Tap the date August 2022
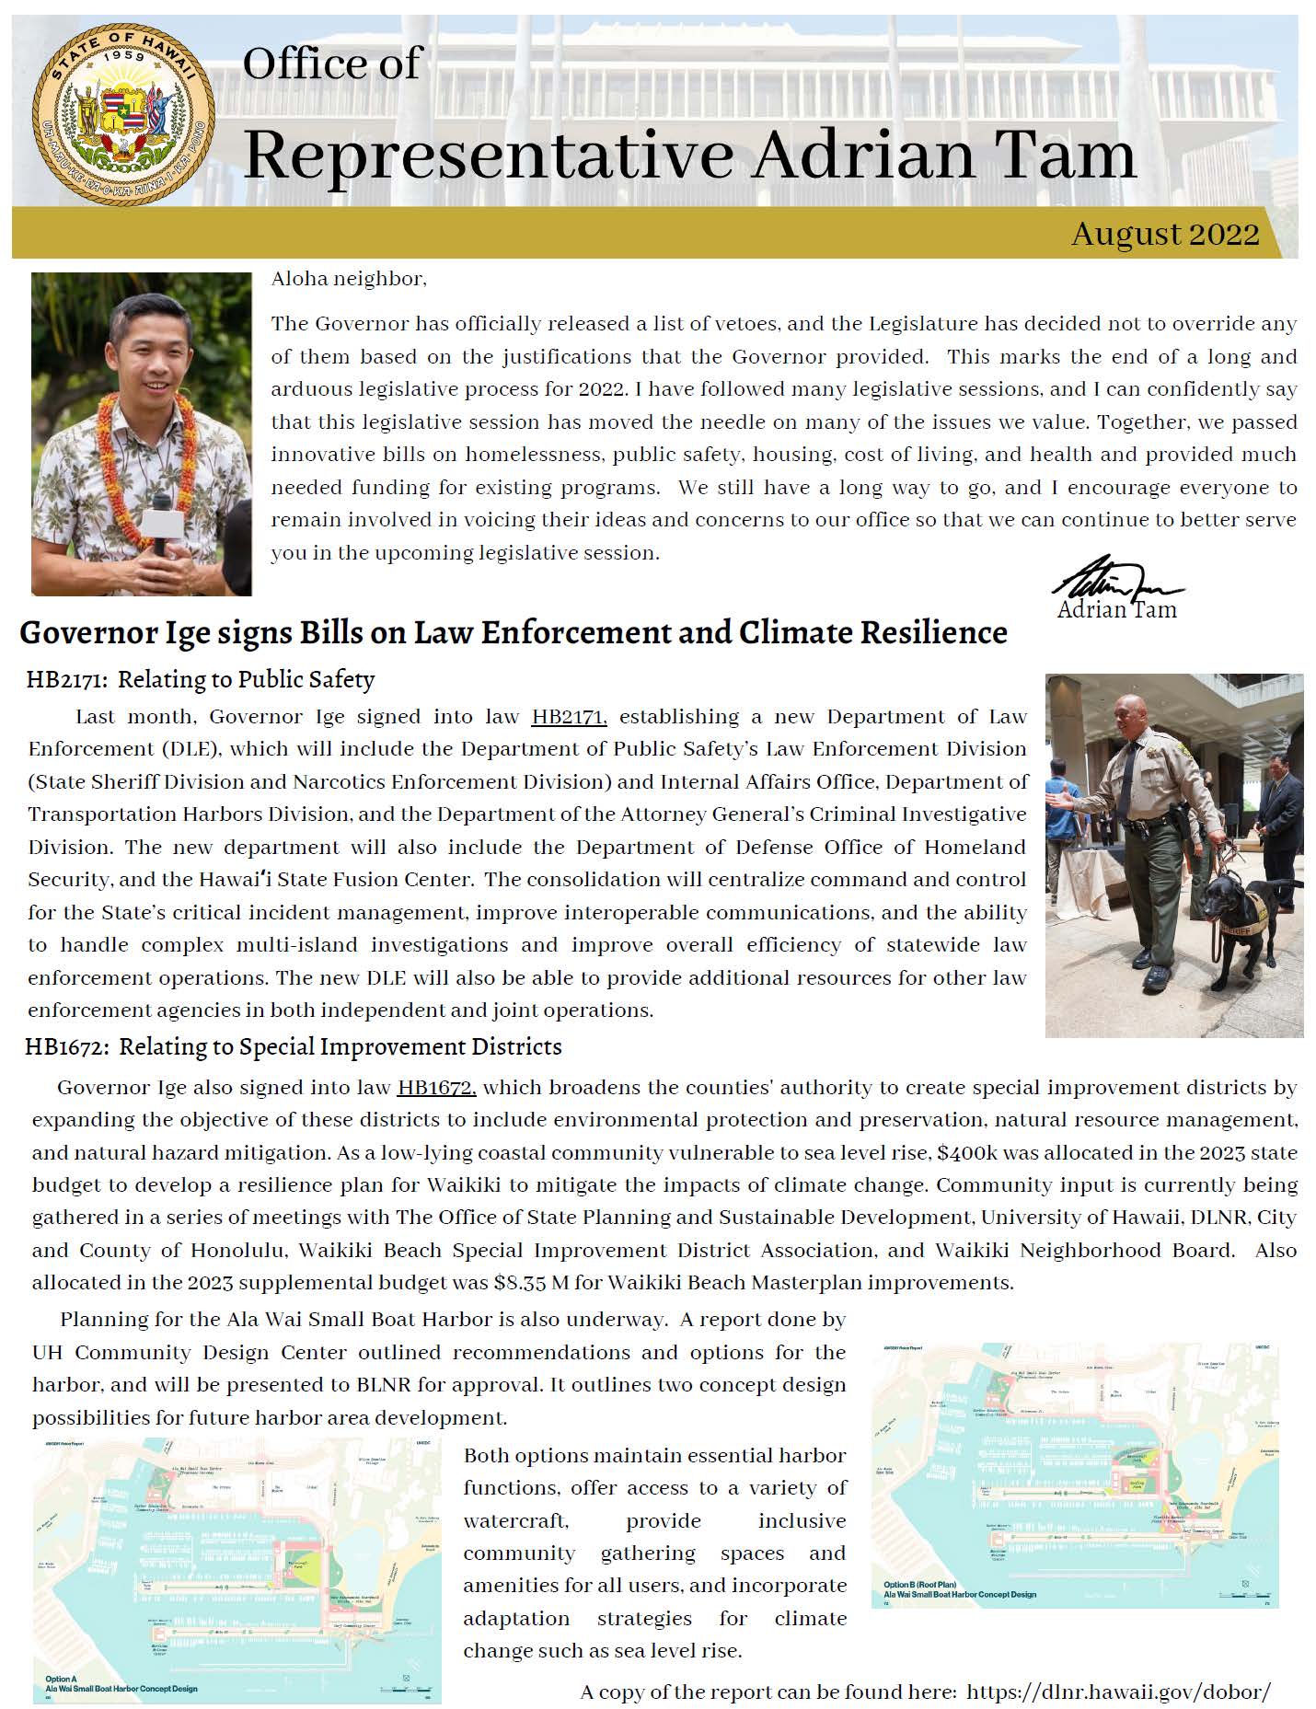point(1164,234)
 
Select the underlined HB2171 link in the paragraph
point(569,716)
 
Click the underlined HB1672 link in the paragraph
point(436,1087)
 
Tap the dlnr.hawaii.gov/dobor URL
point(1119,1692)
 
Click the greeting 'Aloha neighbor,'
point(349,279)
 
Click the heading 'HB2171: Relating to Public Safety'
point(201,679)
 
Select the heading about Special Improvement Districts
point(294,1046)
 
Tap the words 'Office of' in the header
point(331,63)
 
